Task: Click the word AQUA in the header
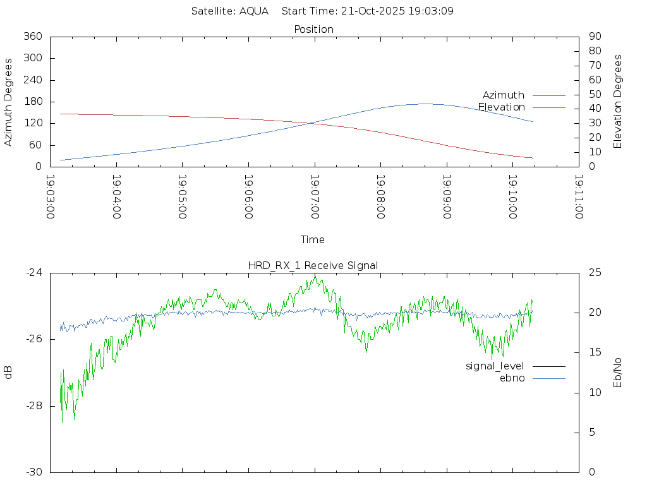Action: tap(254, 11)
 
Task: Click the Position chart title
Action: tap(313, 29)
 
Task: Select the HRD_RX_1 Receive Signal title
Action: tap(313, 265)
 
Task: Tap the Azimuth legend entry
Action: tap(503, 95)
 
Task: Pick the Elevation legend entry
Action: tap(501, 107)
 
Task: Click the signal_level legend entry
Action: tap(495, 366)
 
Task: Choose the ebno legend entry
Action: tap(512, 378)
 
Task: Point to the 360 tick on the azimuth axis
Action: tap(32, 37)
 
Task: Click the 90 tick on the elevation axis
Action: tap(594, 37)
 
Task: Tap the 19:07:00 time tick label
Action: tap(314, 196)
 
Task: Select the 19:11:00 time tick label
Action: tap(578, 196)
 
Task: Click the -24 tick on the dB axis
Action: tap(33, 273)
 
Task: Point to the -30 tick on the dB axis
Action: tap(33, 472)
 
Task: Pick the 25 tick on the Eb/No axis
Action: tap(595, 273)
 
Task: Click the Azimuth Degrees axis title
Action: tap(9, 102)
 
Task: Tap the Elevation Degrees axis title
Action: tap(618, 102)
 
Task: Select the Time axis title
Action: tap(313, 239)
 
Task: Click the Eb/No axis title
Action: tap(618, 373)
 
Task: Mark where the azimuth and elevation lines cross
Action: tap(312, 123)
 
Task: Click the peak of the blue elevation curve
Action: tap(424, 104)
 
